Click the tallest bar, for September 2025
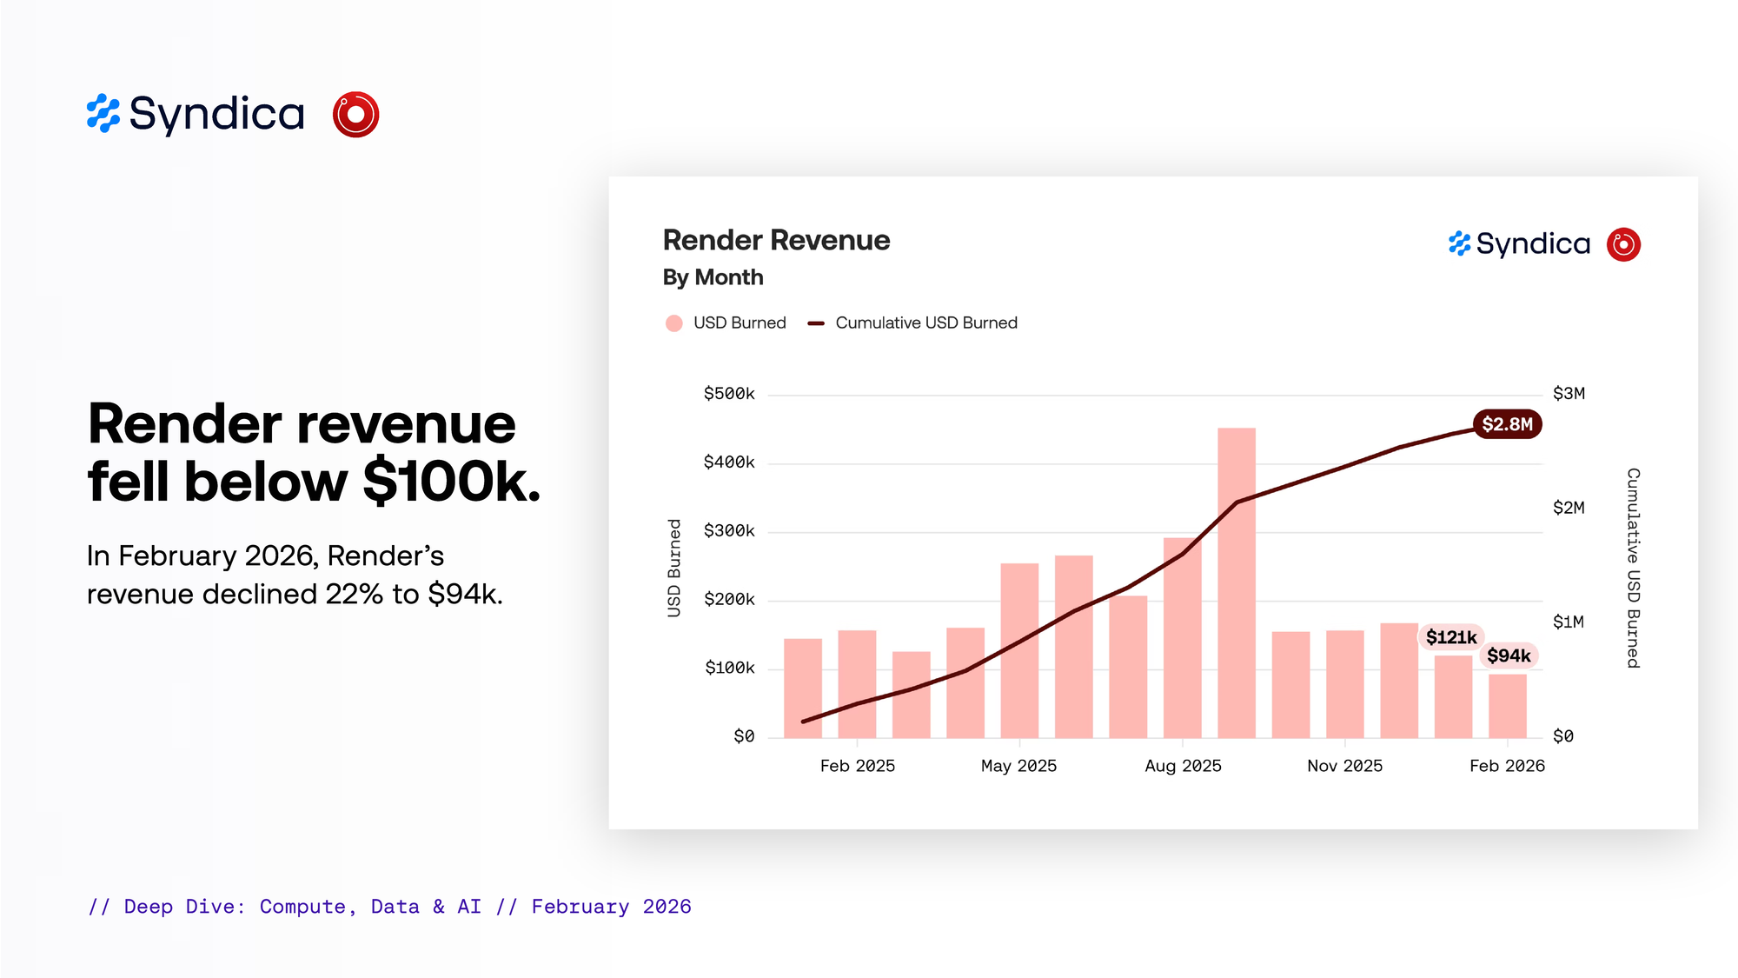1236,582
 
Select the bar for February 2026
1507,706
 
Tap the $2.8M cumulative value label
1507,424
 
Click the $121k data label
1450,637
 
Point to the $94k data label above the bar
1509,655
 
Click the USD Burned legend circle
673,323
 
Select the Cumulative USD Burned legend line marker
815,323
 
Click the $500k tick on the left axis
729,394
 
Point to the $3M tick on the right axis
1569,394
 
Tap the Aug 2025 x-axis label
1183,766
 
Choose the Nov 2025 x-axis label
1344,766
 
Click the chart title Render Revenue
776,240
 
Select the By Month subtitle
713,277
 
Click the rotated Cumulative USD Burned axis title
1633,568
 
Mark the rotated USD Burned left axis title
674,568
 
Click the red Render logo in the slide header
355,114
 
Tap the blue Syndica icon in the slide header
103,114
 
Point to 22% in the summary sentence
354,595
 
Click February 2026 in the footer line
611,907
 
